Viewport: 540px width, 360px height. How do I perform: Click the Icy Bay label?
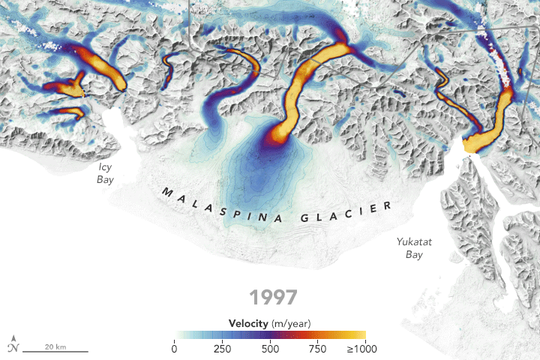click(105, 173)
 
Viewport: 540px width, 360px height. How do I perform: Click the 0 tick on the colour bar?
click(175, 348)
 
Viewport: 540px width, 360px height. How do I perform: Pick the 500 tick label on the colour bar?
click(270, 348)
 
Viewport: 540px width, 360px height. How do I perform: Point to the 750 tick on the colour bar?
click(317, 348)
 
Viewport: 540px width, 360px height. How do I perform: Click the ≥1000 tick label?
click(361, 348)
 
